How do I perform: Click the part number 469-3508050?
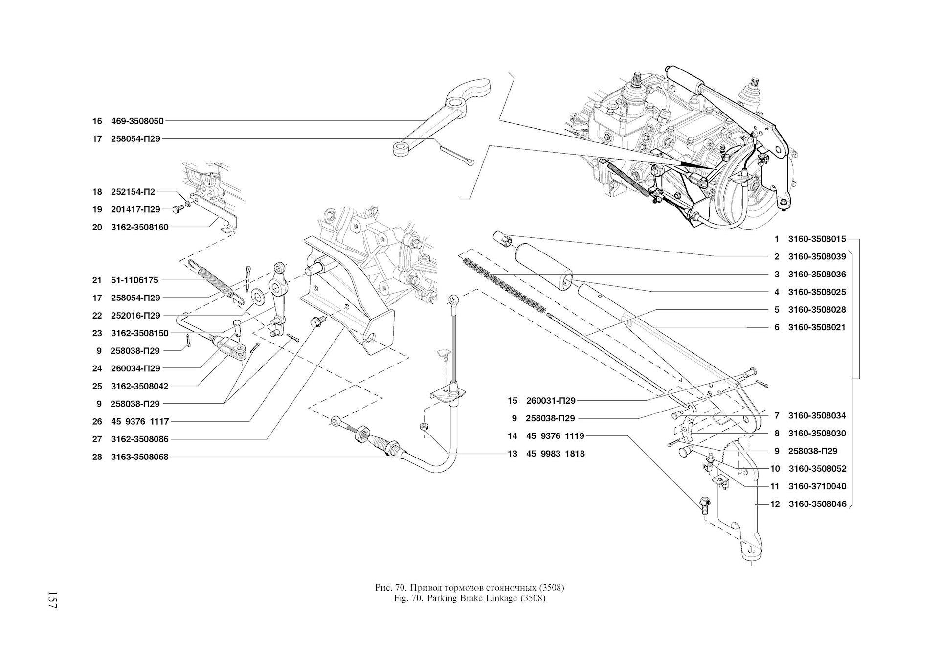(137, 121)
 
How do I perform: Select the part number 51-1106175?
(134, 280)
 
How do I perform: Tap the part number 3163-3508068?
(140, 457)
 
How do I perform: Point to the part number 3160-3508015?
(817, 239)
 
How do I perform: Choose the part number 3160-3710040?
(817, 486)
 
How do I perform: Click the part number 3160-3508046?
(817, 504)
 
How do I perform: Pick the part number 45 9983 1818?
(556, 454)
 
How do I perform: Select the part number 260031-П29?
(551, 401)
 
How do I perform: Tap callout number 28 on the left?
(97, 457)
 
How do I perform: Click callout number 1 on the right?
(777, 239)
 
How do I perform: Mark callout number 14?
(512, 436)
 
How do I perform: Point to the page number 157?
(52, 599)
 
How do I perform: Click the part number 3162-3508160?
(140, 227)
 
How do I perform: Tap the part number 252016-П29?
(135, 316)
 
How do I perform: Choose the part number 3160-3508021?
(817, 327)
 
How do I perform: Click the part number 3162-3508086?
(140, 439)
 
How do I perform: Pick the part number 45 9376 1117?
(140, 421)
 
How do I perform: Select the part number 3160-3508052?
(817, 469)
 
